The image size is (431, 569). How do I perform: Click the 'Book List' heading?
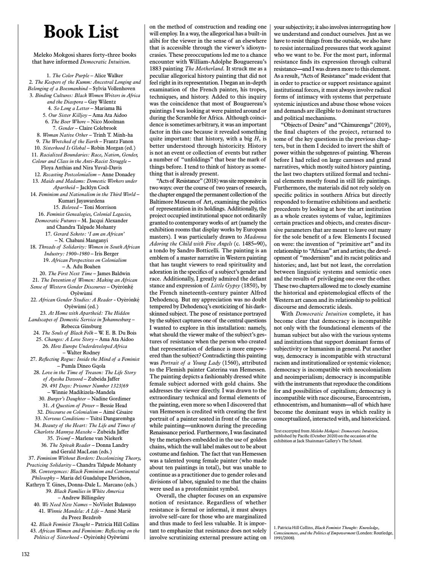(x=81, y=32)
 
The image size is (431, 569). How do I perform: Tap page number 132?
(x=26, y=554)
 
